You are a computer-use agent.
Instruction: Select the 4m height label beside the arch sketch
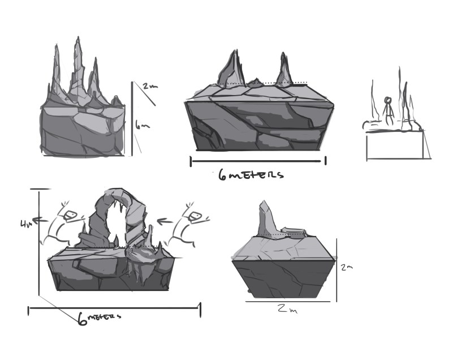click(26, 224)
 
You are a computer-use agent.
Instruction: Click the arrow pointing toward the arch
click(166, 220)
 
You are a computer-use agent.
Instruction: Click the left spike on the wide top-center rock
click(231, 70)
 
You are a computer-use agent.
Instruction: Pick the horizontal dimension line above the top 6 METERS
click(258, 161)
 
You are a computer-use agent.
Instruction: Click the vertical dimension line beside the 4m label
click(38, 243)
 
